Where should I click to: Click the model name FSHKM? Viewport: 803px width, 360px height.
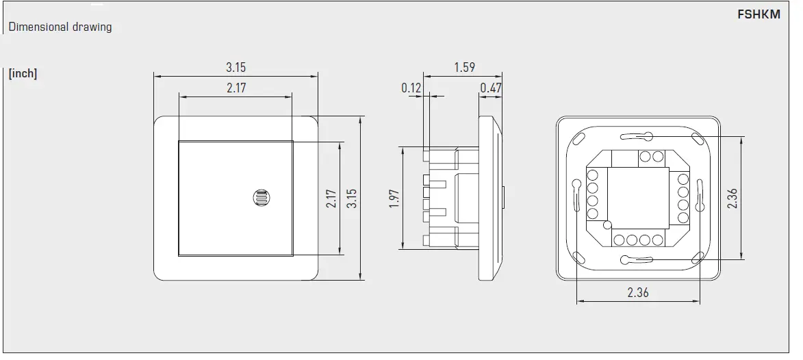pyautogui.click(x=759, y=14)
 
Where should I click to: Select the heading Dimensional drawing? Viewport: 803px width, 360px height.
pyautogui.click(x=60, y=27)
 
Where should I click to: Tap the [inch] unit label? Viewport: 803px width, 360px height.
pyautogui.click(x=23, y=73)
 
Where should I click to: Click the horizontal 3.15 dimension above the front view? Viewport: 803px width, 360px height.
pyautogui.click(x=235, y=67)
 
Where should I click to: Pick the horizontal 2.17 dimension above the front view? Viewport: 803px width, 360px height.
pyautogui.click(x=235, y=88)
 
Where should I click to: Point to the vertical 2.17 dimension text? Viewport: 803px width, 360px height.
pyautogui.click(x=331, y=198)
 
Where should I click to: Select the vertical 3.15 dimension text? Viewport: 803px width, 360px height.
pyautogui.click(x=351, y=198)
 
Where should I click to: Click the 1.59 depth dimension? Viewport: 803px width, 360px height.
pyautogui.click(x=464, y=67)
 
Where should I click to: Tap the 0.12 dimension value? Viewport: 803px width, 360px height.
pyautogui.click(x=411, y=88)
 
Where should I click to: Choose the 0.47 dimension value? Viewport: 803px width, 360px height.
pyautogui.click(x=491, y=88)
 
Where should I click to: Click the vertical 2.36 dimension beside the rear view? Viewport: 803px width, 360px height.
pyautogui.click(x=732, y=198)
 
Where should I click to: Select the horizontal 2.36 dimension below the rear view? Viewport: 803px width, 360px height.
pyautogui.click(x=637, y=292)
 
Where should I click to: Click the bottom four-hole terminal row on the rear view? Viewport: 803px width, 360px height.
pyautogui.click(x=637, y=240)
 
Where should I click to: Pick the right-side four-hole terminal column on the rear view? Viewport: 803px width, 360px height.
pyautogui.click(x=683, y=198)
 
